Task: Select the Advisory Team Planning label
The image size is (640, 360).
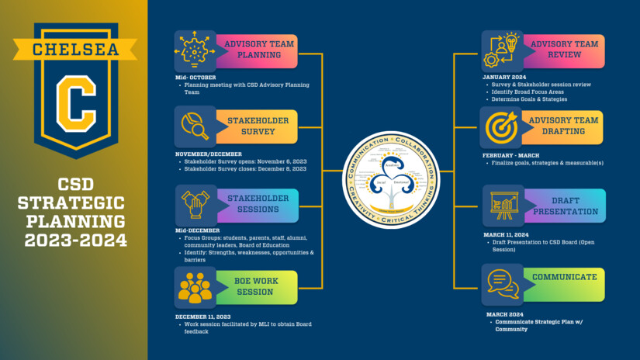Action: (x=258, y=50)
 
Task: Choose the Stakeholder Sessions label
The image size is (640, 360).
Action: (x=258, y=204)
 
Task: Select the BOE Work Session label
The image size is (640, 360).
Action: (x=254, y=286)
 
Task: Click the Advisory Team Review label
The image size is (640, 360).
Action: (x=564, y=50)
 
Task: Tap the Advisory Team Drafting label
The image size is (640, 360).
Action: (x=564, y=126)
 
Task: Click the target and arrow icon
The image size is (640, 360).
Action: (x=501, y=127)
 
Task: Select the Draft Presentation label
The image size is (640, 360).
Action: (x=565, y=206)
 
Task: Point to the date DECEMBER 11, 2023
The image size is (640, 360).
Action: (x=203, y=316)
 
